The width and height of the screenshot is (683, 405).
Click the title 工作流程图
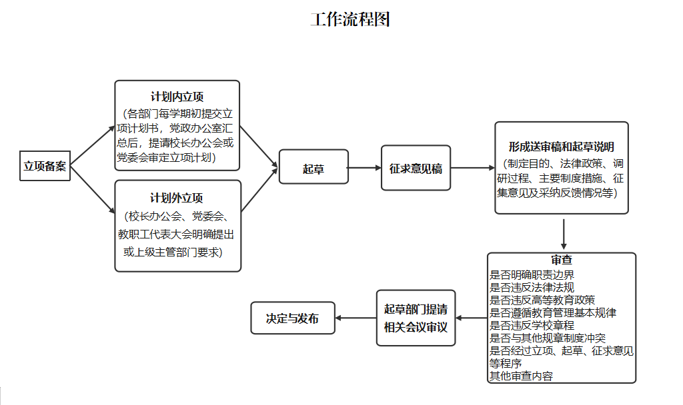click(350, 19)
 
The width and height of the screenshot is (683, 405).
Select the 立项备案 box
click(45, 166)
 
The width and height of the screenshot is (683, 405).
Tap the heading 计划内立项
click(177, 97)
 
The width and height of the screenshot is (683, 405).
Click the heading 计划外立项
click(176, 198)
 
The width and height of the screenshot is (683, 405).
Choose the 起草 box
click(313, 167)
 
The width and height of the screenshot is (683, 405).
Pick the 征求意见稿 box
click(416, 168)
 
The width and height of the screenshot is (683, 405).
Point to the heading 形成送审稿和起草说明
click(561, 147)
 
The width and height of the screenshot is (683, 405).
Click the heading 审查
click(562, 260)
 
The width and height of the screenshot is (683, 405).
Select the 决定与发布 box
click(293, 318)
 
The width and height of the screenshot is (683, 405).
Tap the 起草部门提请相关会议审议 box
click(416, 318)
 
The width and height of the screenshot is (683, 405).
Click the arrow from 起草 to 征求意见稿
click(365, 167)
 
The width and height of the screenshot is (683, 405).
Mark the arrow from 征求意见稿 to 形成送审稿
click(473, 167)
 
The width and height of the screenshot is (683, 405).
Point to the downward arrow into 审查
click(564, 234)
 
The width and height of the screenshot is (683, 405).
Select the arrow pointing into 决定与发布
click(356, 318)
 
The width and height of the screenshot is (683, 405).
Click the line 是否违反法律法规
click(532, 288)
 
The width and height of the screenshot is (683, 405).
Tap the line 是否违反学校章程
click(532, 325)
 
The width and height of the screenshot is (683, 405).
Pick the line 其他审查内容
click(521, 376)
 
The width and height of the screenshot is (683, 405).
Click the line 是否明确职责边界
click(532, 275)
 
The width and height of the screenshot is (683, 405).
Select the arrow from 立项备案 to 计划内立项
click(92, 146)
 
